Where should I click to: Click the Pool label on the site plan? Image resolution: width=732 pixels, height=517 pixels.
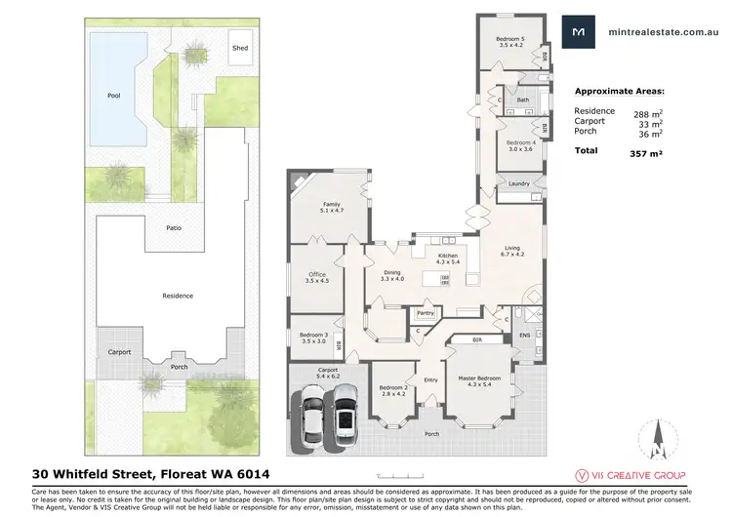click(114, 96)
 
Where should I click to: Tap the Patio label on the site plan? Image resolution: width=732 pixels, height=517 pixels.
click(173, 227)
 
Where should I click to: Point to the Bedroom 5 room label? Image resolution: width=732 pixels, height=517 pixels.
click(511, 43)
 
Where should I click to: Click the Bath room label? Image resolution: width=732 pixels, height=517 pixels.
click(523, 99)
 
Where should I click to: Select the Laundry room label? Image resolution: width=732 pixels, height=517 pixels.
click(518, 183)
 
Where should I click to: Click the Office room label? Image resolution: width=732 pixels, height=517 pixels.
click(317, 277)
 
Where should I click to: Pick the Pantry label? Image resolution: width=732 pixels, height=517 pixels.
click(426, 313)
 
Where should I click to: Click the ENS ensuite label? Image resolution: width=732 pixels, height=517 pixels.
click(524, 335)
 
